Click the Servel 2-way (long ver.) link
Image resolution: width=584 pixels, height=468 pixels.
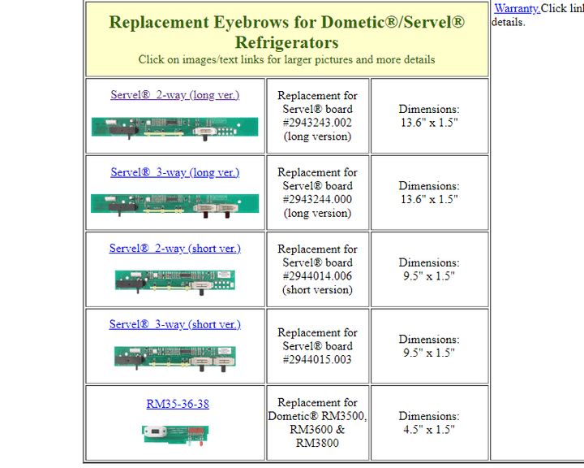pos(174,95)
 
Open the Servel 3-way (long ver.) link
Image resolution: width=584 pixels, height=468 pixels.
pos(174,172)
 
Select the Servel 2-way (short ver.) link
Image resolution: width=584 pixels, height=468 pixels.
pos(174,248)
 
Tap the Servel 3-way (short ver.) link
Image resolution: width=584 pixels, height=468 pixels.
pos(174,324)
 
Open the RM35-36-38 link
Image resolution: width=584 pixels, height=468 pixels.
pos(178,404)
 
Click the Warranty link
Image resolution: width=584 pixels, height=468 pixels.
pos(517,8)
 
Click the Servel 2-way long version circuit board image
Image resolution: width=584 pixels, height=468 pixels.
pos(174,128)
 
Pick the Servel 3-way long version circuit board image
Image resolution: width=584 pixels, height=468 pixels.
pos(174,206)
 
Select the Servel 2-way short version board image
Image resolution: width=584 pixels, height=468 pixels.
pos(175,282)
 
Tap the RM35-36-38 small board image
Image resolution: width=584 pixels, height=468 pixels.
pos(175,435)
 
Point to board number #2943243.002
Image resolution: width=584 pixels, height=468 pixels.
pos(317,123)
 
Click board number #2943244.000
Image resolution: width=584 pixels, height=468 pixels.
pos(317,199)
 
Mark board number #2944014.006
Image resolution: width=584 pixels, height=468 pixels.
pos(317,276)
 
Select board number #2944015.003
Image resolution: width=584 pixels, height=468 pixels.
pos(317,359)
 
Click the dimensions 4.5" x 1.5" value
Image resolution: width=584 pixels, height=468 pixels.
pos(429,430)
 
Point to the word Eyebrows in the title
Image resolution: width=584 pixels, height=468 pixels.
pos(251,23)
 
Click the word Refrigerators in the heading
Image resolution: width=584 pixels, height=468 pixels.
pos(287,42)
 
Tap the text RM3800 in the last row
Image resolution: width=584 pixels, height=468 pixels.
pos(317,443)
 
